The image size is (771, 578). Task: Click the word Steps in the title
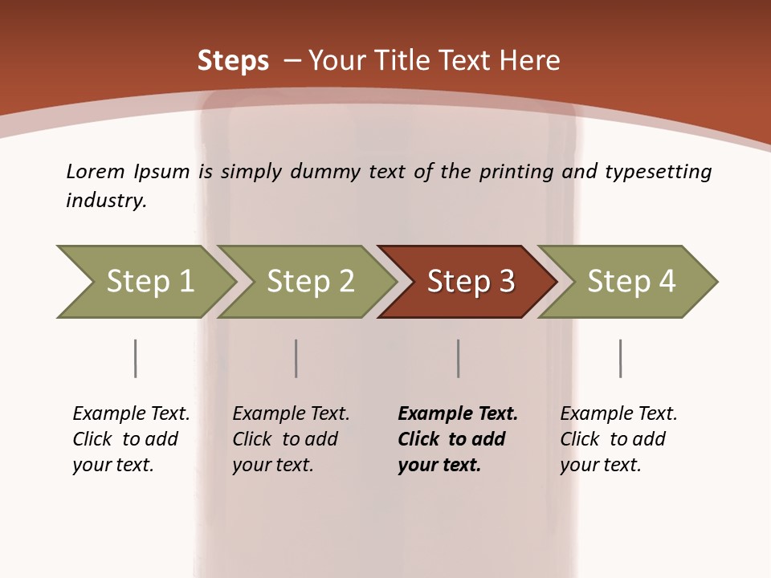(233, 61)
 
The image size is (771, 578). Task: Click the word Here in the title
(529, 61)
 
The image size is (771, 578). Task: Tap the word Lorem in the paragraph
(95, 171)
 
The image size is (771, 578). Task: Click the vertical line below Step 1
(135, 358)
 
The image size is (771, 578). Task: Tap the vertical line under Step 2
(296, 358)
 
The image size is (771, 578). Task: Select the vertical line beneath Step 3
(458, 358)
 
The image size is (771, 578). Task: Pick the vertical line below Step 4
(620, 358)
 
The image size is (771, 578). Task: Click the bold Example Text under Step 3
(458, 414)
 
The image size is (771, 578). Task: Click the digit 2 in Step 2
(345, 282)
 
